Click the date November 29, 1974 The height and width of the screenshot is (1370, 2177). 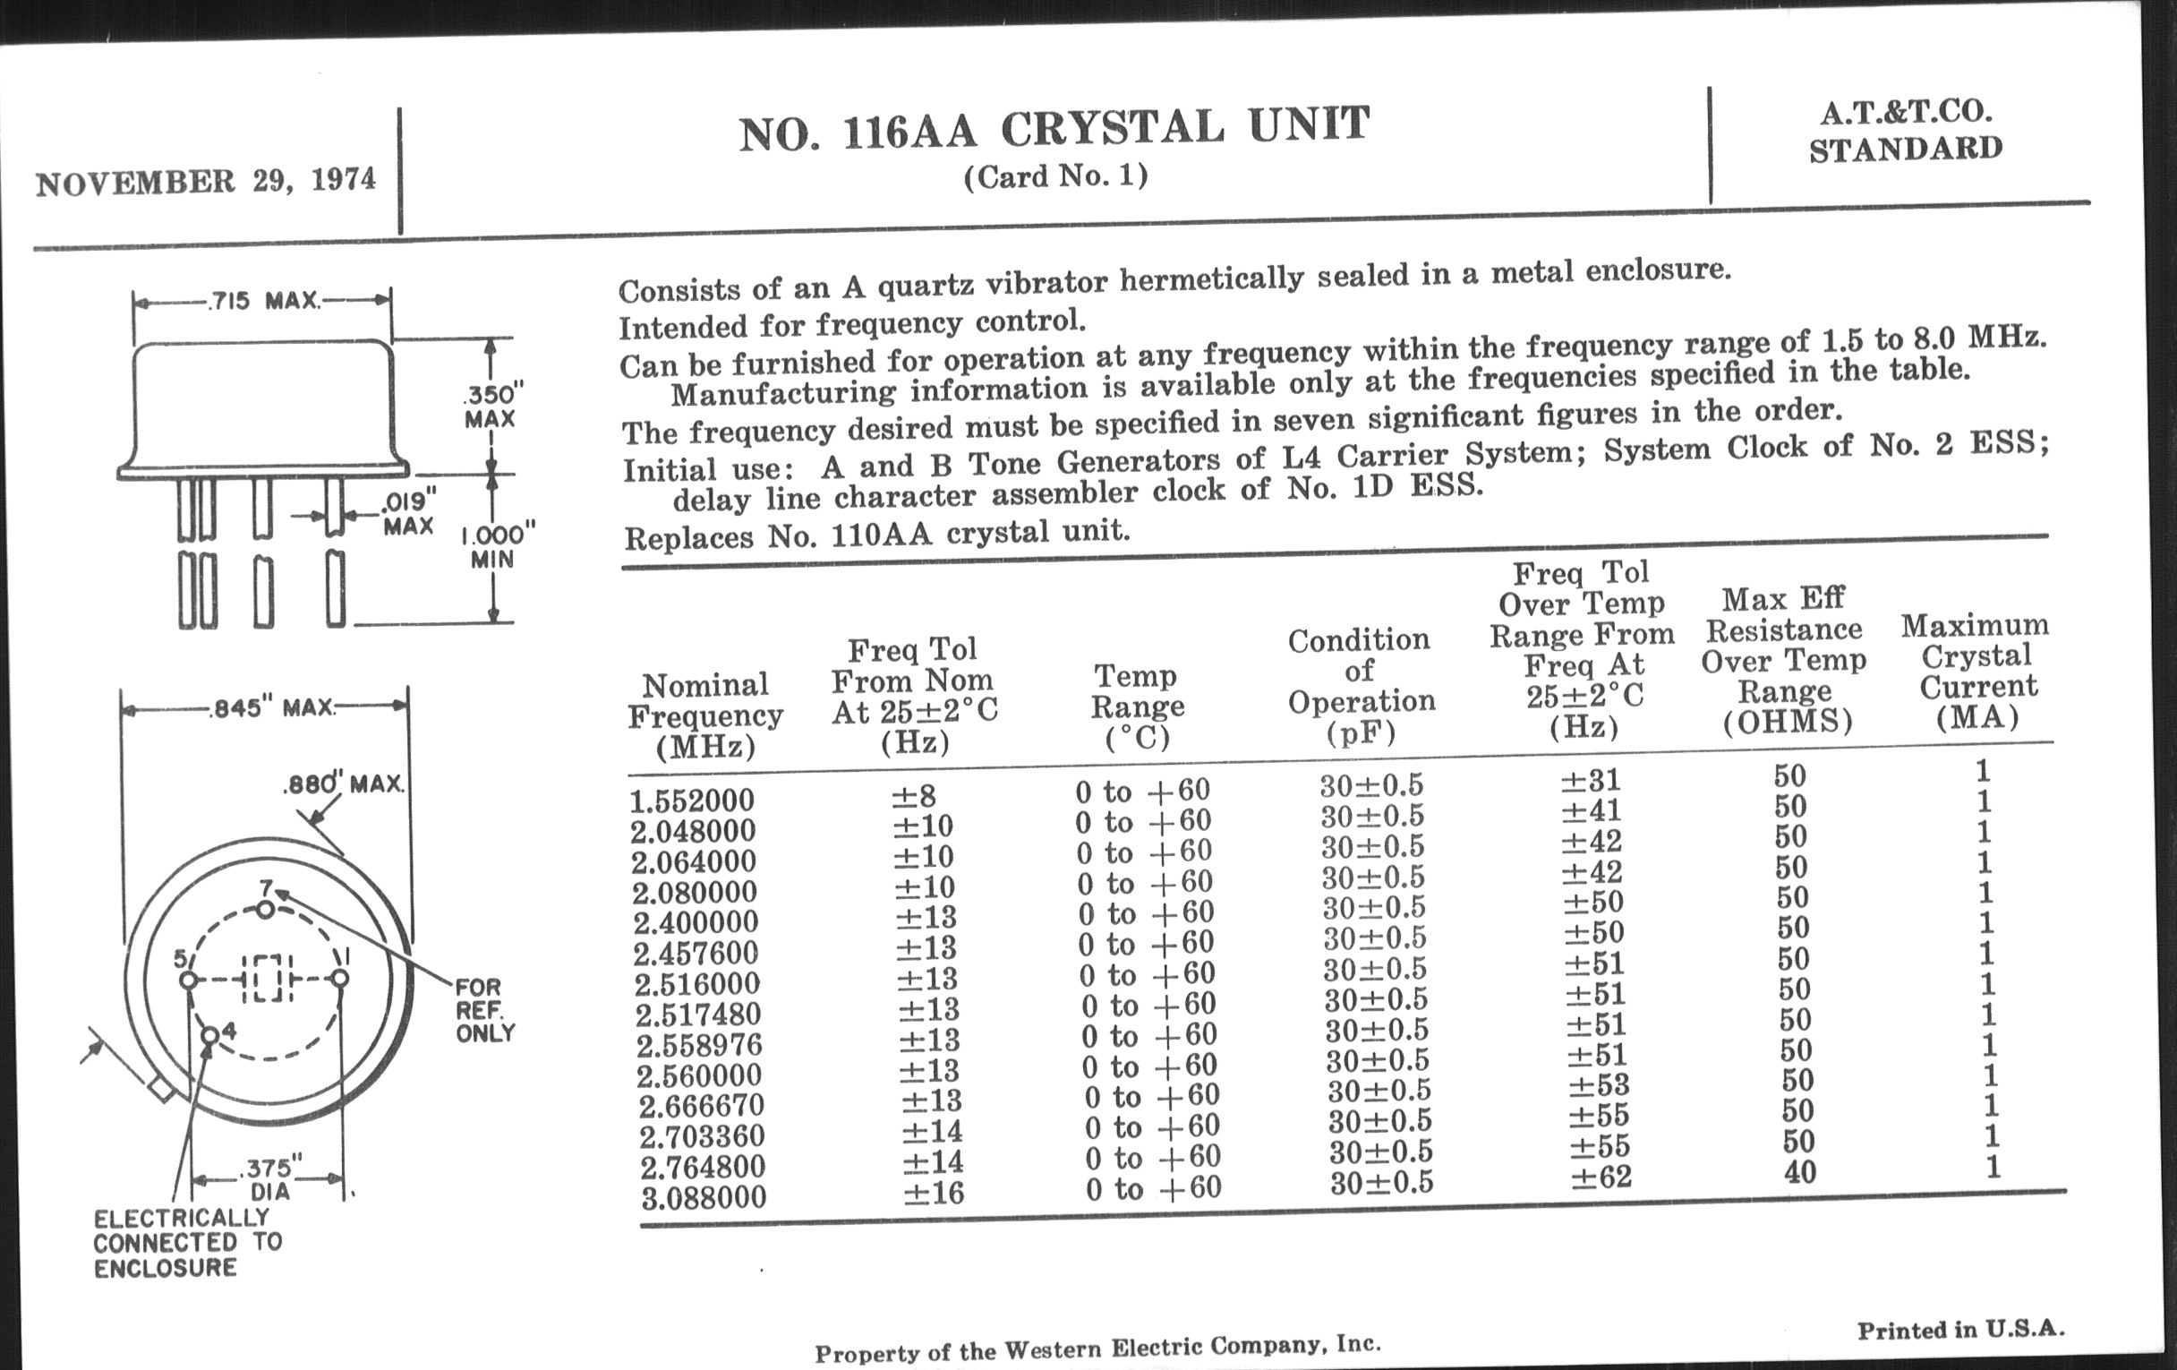click(x=205, y=181)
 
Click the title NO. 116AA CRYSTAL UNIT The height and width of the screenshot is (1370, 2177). click(x=1054, y=127)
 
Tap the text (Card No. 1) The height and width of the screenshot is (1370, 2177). click(x=1055, y=176)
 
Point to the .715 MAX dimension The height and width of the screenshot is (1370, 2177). click(x=264, y=300)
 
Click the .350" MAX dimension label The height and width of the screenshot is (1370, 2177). click(x=491, y=406)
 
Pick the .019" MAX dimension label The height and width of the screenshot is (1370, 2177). click(x=409, y=513)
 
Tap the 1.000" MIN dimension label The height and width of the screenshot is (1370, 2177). click(x=496, y=546)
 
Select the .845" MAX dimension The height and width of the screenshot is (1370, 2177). click(x=271, y=707)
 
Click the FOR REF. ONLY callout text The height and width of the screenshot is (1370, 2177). click(x=483, y=1010)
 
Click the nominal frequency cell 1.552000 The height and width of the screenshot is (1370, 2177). click(x=693, y=801)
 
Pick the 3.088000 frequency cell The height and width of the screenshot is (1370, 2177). click(x=704, y=1197)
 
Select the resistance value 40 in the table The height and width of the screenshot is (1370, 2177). click(x=1799, y=1172)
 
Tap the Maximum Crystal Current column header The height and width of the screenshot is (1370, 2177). click(x=1976, y=671)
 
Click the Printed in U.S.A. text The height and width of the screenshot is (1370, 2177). click(x=1961, y=1330)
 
